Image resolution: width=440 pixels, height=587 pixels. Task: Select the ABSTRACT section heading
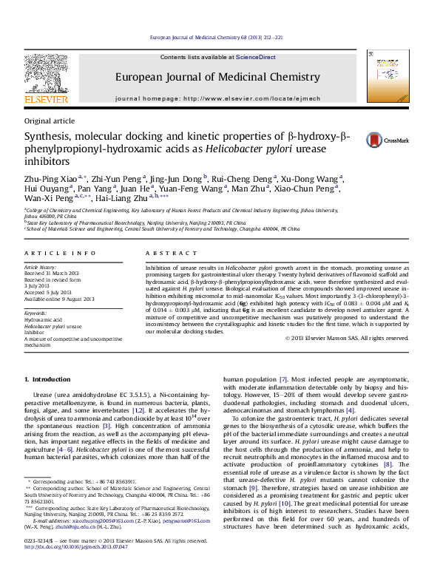point(158,253)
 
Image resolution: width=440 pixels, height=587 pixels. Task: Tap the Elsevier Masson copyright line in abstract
point(346,338)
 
